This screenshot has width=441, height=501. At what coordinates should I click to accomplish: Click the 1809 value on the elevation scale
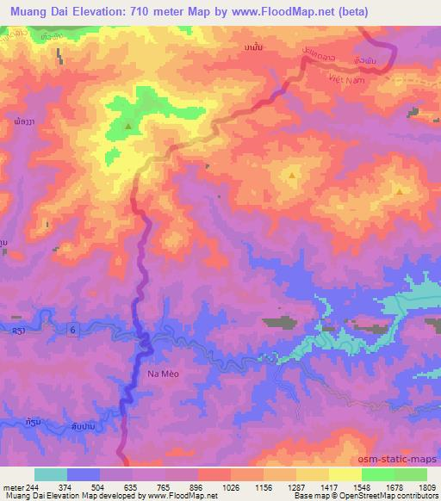[426, 486]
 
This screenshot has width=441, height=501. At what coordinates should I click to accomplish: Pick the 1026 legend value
[231, 486]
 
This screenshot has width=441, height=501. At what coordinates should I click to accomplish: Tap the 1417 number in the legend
[329, 486]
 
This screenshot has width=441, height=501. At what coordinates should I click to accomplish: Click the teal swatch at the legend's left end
[51, 474]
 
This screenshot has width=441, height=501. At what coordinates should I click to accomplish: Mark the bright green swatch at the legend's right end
[411, 474]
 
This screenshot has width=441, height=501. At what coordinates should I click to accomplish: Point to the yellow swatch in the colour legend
[345, 474]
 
